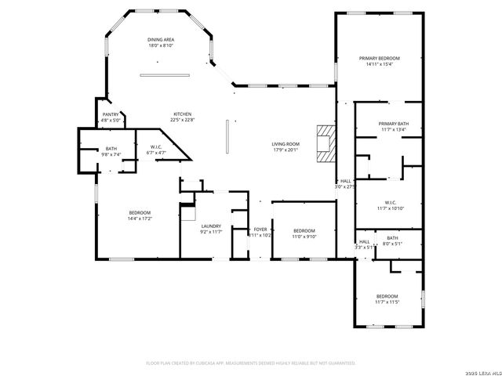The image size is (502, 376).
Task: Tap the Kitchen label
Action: pyautogui.click(x=182, y=114)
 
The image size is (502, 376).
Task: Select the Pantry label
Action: pyautogui.click(x=111, y=114)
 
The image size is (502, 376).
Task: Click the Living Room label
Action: pyautogui.click(x=286, y=144)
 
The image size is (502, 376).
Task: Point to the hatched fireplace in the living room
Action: pyautogui.click(x=325, y=143)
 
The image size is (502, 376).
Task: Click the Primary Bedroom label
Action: pyautogui.click(x=380, y=59)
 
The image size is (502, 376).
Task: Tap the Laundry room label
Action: pyautogui.click(x=212, y=226)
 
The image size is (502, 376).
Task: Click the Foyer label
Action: pyautogui.click(x=260, y=230)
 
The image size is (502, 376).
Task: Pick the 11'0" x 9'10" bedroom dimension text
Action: pyautogui.click(x=304, y=236)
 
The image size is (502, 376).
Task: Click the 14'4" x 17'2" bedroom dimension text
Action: pyautogui.click(x=140, y=219)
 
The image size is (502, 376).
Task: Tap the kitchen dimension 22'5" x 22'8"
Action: pyautogui.click(x=182, y=120)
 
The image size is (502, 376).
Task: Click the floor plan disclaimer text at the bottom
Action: pyautogui.click(x=251, y=363)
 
